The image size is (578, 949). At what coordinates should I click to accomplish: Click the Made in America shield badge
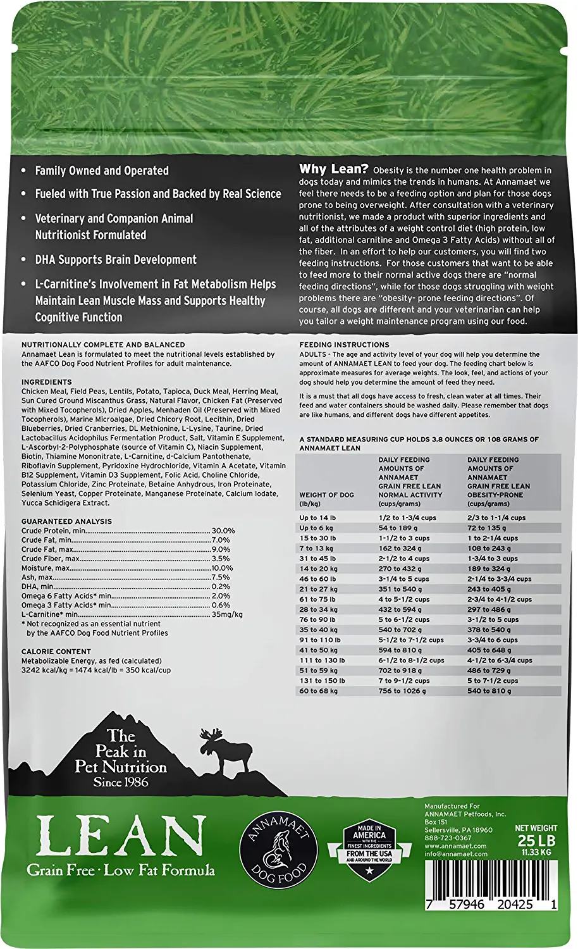[369, 848]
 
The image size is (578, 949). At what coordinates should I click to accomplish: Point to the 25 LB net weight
[536, 840]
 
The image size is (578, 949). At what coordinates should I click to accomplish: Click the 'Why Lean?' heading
[333, 169]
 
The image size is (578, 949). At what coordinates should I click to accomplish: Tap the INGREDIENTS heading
[47, 382]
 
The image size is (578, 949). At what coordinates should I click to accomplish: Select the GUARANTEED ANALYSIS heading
[66, 521]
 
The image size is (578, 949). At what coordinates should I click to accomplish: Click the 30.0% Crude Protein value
[223, 531]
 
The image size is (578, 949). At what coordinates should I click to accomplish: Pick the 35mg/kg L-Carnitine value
[227, 614]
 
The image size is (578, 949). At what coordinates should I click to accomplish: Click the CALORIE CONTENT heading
[56, 651]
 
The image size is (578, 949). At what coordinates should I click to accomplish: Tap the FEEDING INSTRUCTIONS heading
[344, 345]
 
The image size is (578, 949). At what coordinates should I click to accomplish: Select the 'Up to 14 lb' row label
[318, 518]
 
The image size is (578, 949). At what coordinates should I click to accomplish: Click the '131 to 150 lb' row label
[323, 681]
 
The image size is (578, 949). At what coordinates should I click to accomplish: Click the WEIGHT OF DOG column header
[326, 495]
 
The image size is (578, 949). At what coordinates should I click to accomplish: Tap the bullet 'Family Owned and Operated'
[102, 171]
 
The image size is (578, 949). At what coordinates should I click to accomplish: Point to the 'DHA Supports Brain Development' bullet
[116, 259]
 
